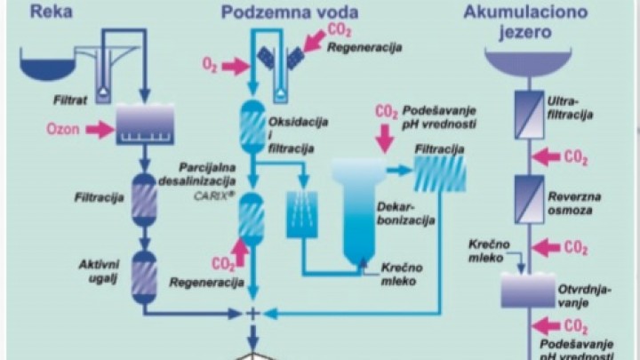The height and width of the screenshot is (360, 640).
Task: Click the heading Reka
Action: pos(42,12)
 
